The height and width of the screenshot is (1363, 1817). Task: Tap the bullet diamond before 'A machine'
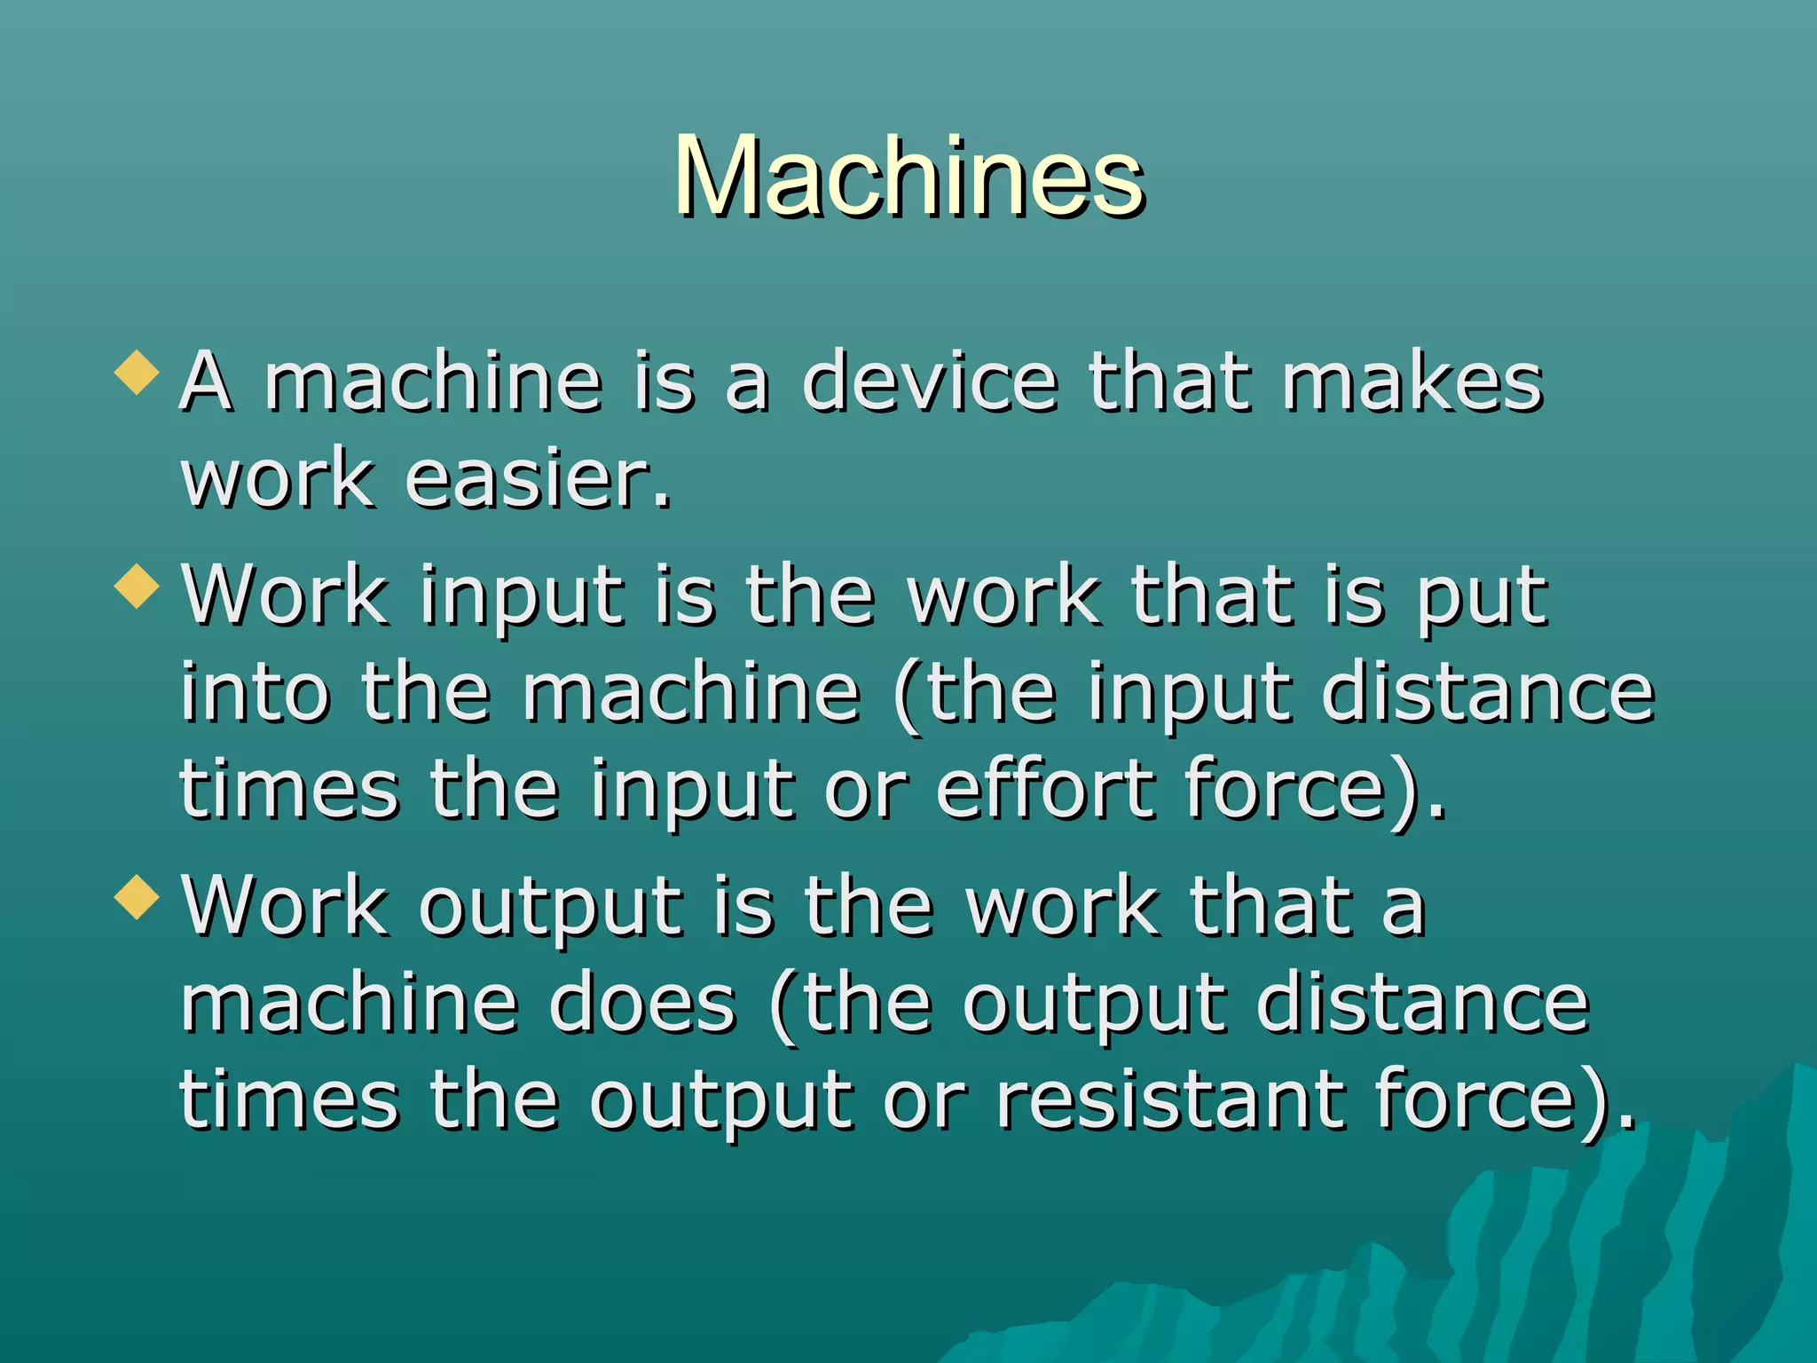click(x=138, y=372)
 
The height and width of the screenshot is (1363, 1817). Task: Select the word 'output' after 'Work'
click(x=550, y=907)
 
